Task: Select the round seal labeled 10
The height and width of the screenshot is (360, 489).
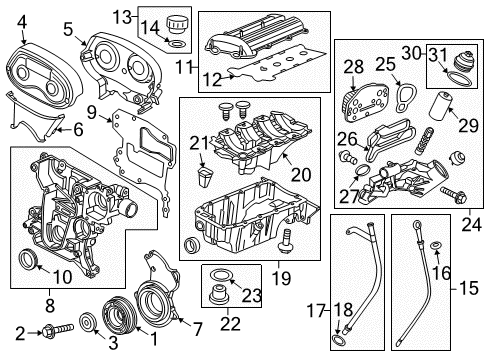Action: point(31,263)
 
